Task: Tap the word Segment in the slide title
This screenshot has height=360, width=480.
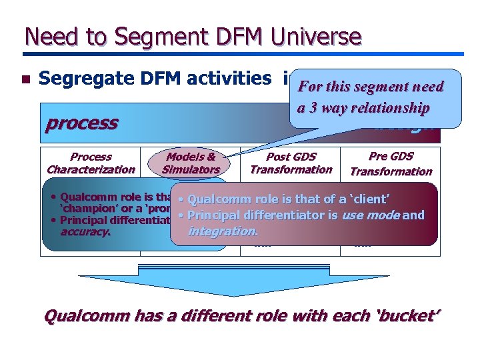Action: coord(134,36)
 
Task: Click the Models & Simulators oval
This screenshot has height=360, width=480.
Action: coord(191,163)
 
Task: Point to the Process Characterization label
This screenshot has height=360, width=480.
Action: coord(91,163)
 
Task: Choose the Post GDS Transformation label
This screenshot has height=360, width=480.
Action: coord(291,163)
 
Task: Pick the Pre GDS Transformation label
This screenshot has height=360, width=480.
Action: coord(391,163)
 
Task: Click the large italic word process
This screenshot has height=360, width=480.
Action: coord(81,123)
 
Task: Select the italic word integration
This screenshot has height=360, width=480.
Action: coord(223,231)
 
